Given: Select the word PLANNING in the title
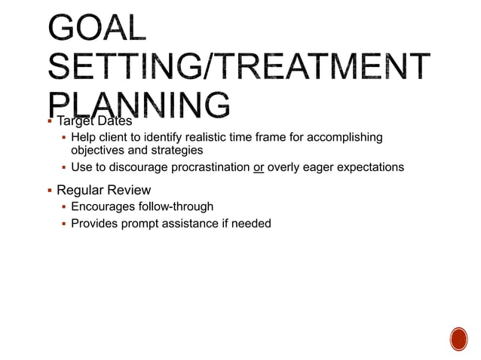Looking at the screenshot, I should [139, 106].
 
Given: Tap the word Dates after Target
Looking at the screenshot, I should [113, 121].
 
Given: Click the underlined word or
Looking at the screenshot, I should [259, 167].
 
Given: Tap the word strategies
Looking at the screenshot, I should [176, 150].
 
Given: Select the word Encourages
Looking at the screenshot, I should [102, 206].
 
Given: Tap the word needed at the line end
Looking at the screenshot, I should [252, 224].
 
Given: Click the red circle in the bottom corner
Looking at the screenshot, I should [458, 338].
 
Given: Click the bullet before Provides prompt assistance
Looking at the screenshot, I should [64, 224].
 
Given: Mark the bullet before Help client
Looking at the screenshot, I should [64, 137].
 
